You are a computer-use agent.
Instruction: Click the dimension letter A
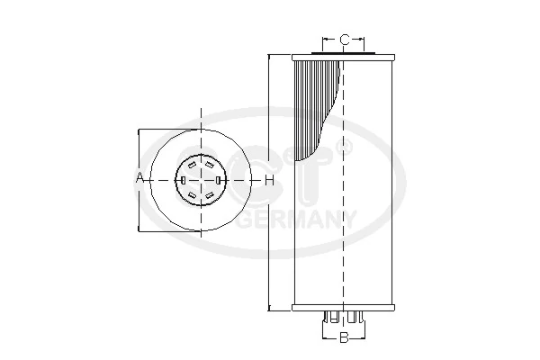[140, 179]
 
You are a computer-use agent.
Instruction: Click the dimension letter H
[268, 180]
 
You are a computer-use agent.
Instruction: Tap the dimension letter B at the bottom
[343, 338]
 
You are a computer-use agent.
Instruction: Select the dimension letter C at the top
[345, 40]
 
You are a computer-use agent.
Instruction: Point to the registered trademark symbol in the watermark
[344, 144]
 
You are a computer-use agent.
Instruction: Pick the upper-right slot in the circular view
[210, 165]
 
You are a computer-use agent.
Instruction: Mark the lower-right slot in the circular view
[210, 195]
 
